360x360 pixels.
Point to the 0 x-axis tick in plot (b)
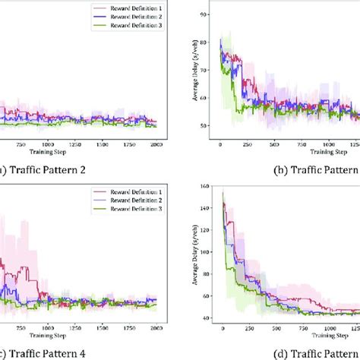coord(220,143)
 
